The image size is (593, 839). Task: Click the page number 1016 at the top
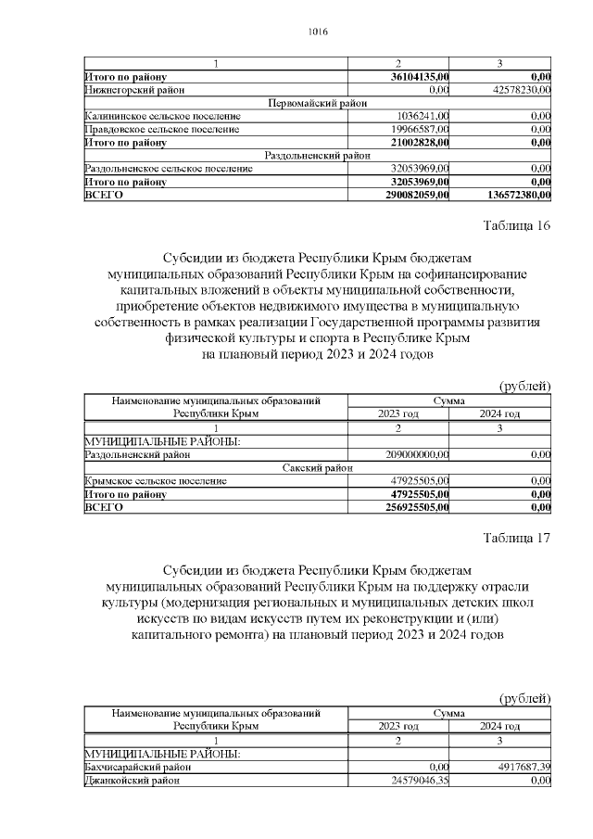317,32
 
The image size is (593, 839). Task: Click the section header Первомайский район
318,103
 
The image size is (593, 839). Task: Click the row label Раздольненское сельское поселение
169,169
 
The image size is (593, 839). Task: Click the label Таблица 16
517,227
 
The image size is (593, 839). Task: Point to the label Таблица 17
517,540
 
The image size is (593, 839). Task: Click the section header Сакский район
318,468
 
